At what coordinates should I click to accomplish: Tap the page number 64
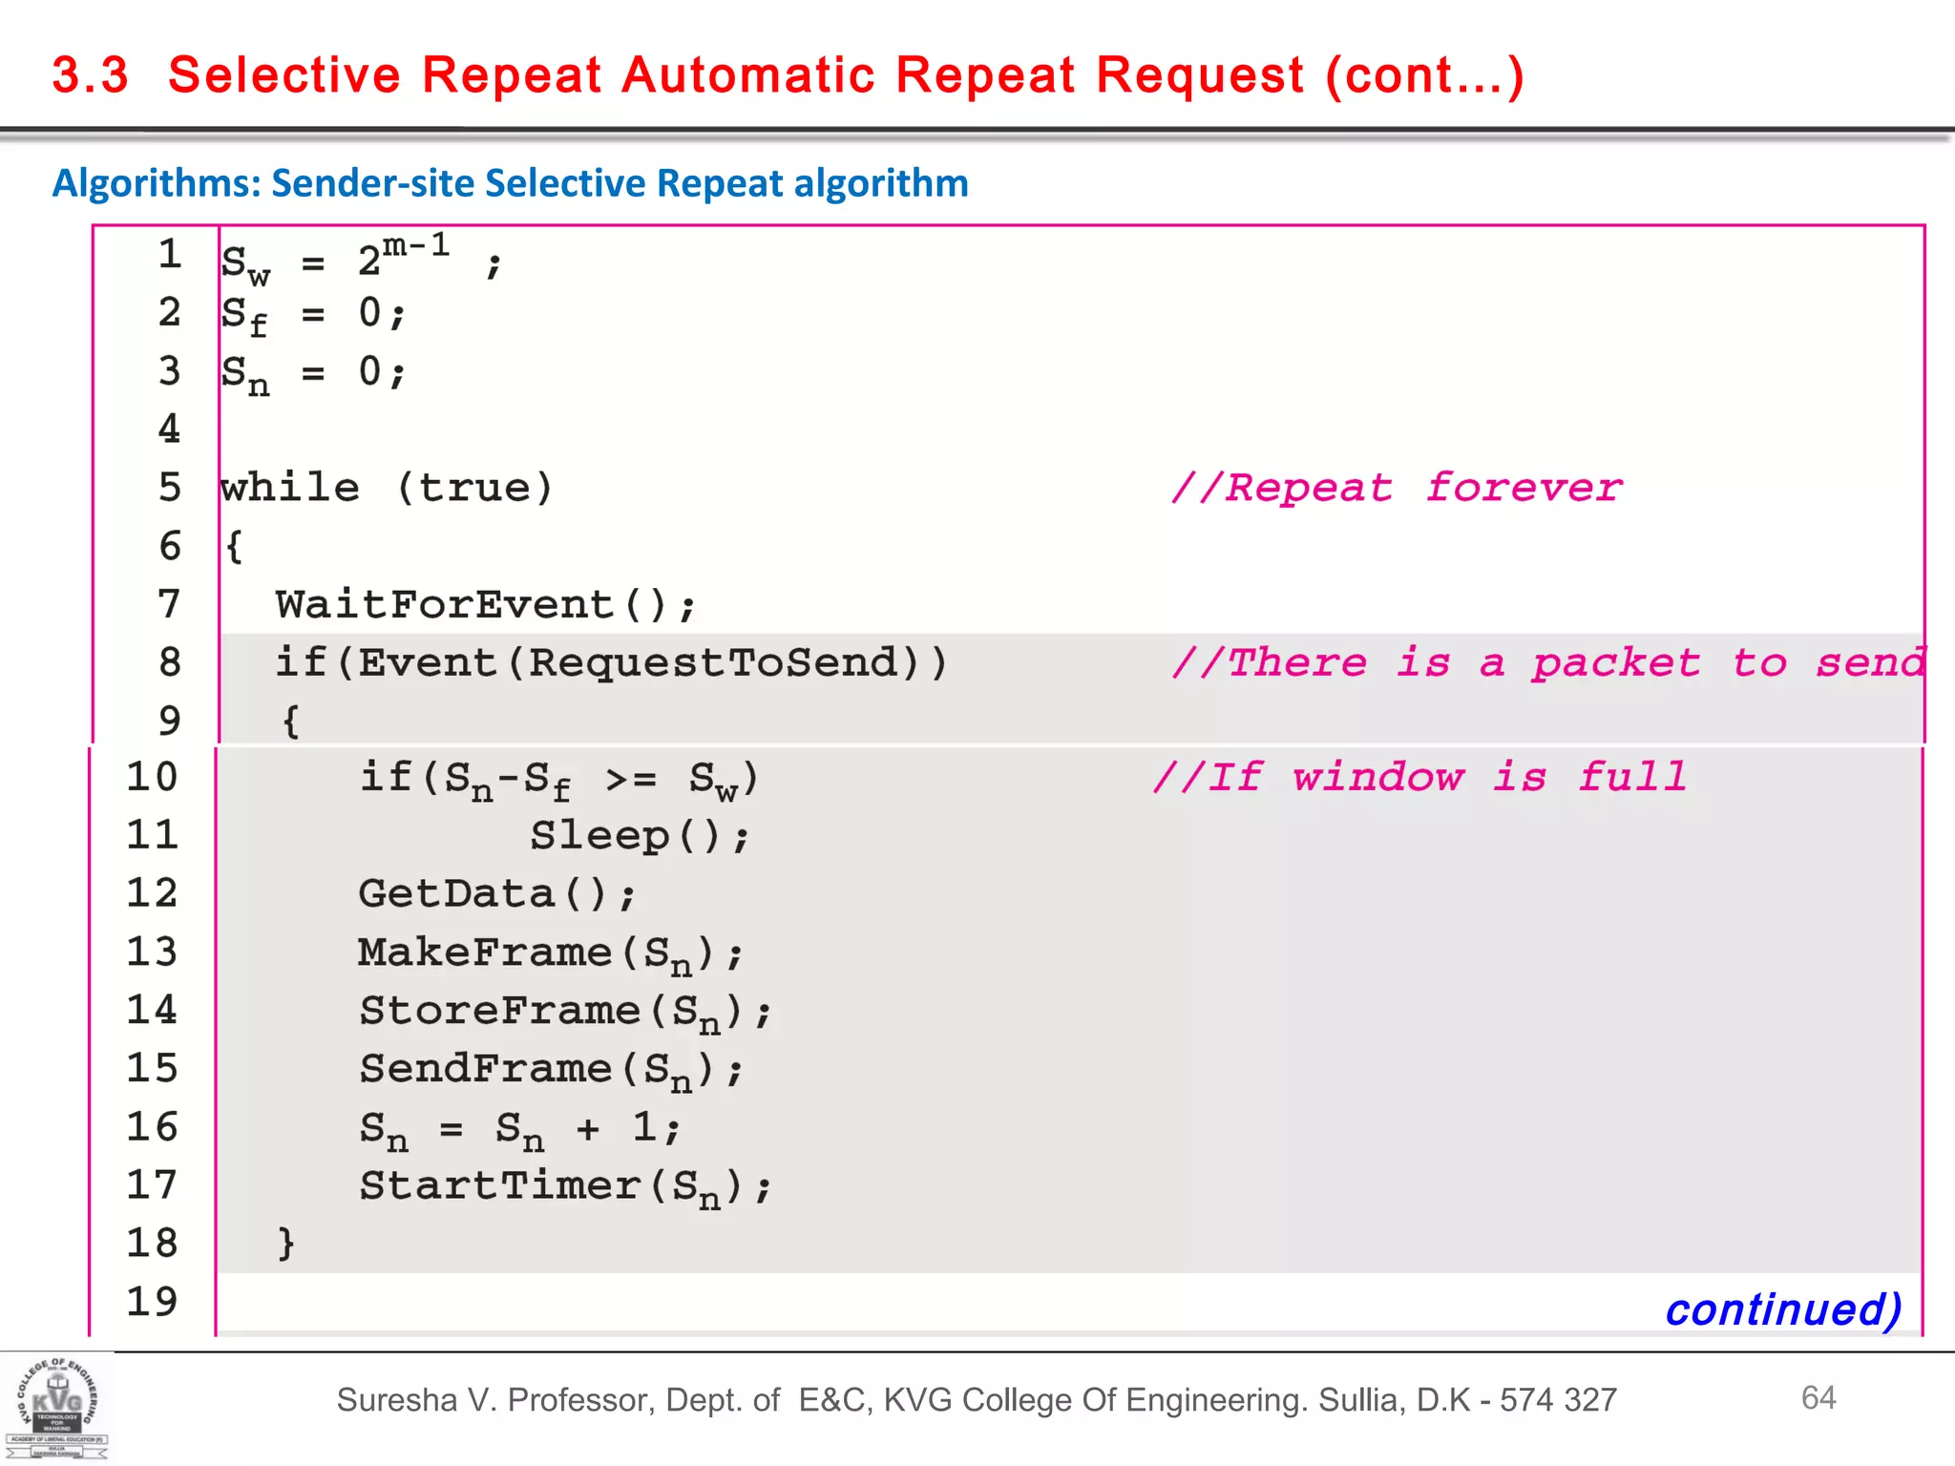click(1818, 1397)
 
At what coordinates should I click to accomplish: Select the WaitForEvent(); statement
click(486, 605)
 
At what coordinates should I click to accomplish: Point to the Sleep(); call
click(640, 836)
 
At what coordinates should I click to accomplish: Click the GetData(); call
click(496, 894)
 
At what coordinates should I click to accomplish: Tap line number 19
click(153, 1302)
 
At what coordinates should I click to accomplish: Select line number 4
click(169, 429)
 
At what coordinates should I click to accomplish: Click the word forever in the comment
click(1524, 488)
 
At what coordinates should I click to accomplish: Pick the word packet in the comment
click(1616, 662)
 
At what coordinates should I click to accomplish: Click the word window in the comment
click(1377, 777)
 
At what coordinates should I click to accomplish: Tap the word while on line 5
click(290, 488)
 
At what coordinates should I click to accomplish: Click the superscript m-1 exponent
click(416, 245)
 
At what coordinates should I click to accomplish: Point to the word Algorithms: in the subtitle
click(157, 182)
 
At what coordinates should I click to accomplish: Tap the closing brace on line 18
click(285, 1243)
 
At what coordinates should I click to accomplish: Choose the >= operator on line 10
click(631, 779)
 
